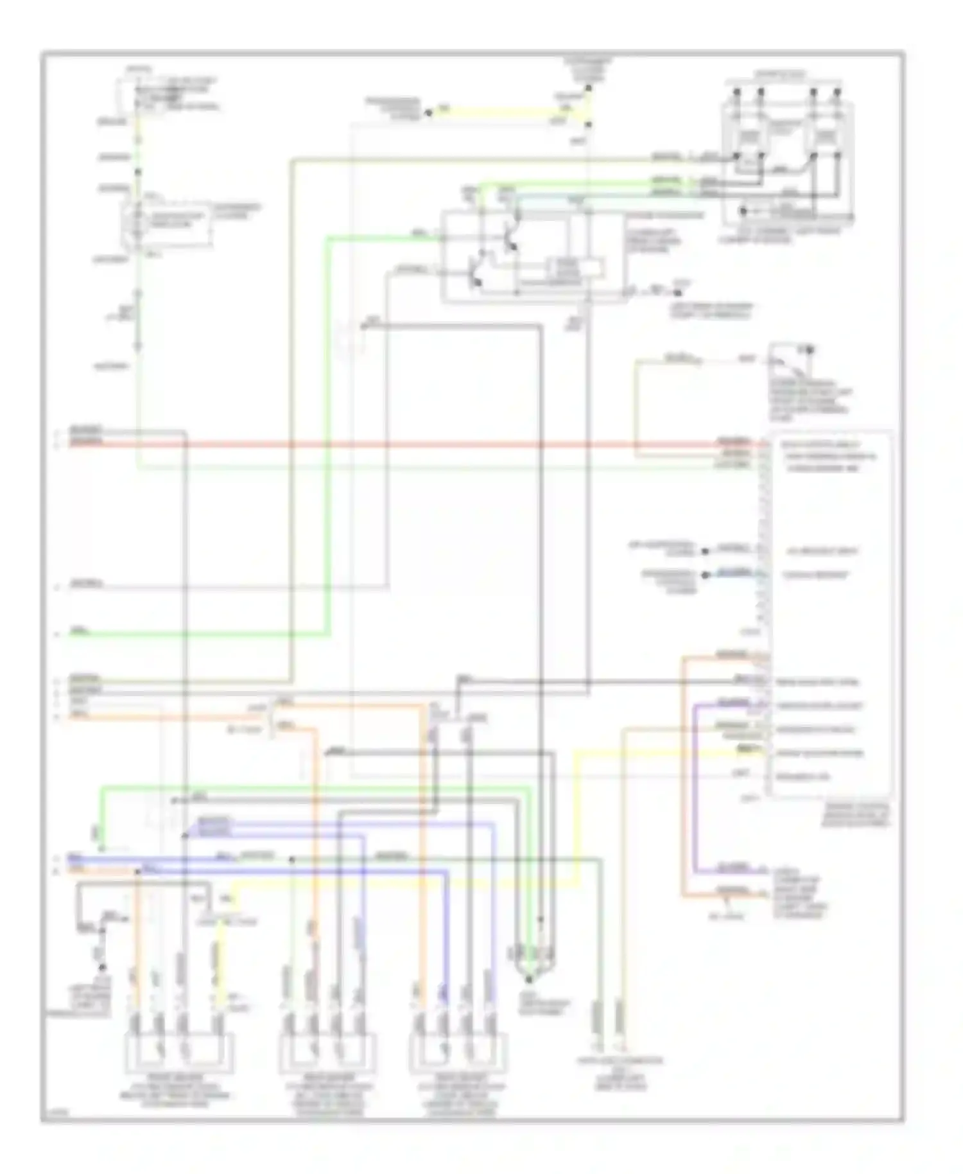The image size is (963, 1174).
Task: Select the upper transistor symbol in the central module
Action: click(x=510, y=238)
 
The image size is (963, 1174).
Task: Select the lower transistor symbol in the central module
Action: click(x=475, y=273)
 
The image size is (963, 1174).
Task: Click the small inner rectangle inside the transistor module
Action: click(x=574, y=268)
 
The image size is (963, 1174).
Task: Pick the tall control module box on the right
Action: click(x=828, y=613)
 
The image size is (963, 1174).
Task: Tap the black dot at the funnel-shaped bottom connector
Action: click(x=529, y=979)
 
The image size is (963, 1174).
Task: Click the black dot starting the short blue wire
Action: click(x=705, y=575)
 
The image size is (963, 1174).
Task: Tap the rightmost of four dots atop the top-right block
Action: click(x=837, y=91)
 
